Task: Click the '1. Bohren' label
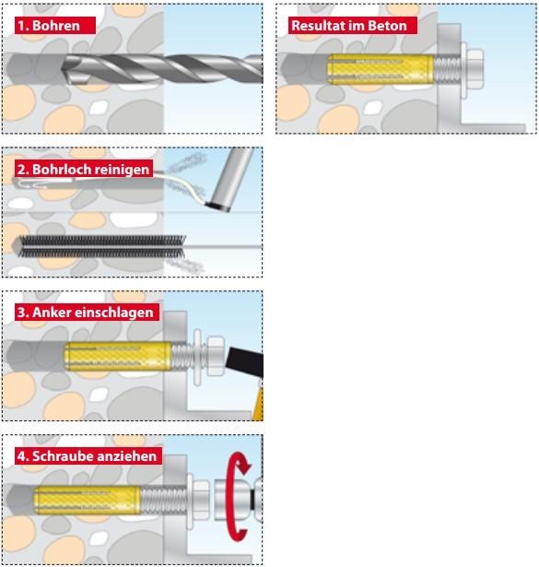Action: tap(55, 26)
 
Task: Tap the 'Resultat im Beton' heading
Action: tap(352, 26)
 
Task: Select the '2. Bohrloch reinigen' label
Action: tap(84, 169)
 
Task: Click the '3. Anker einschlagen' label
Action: tap(87, 312)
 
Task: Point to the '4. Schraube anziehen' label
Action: tap(88, 455)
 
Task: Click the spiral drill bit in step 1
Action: tap(162, 68)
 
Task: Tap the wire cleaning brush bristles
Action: tap(101, 246)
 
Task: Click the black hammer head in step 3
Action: tap(246, 361)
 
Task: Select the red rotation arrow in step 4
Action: tap(236, 496)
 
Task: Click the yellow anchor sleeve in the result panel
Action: tap(380, 69)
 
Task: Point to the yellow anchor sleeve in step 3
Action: tap(117, 357)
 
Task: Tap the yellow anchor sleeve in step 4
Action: tap(87, 500)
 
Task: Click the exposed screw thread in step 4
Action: tap(164, 500)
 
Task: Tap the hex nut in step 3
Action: tap(216, 357)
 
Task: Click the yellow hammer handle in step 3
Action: tap(258, 402)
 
